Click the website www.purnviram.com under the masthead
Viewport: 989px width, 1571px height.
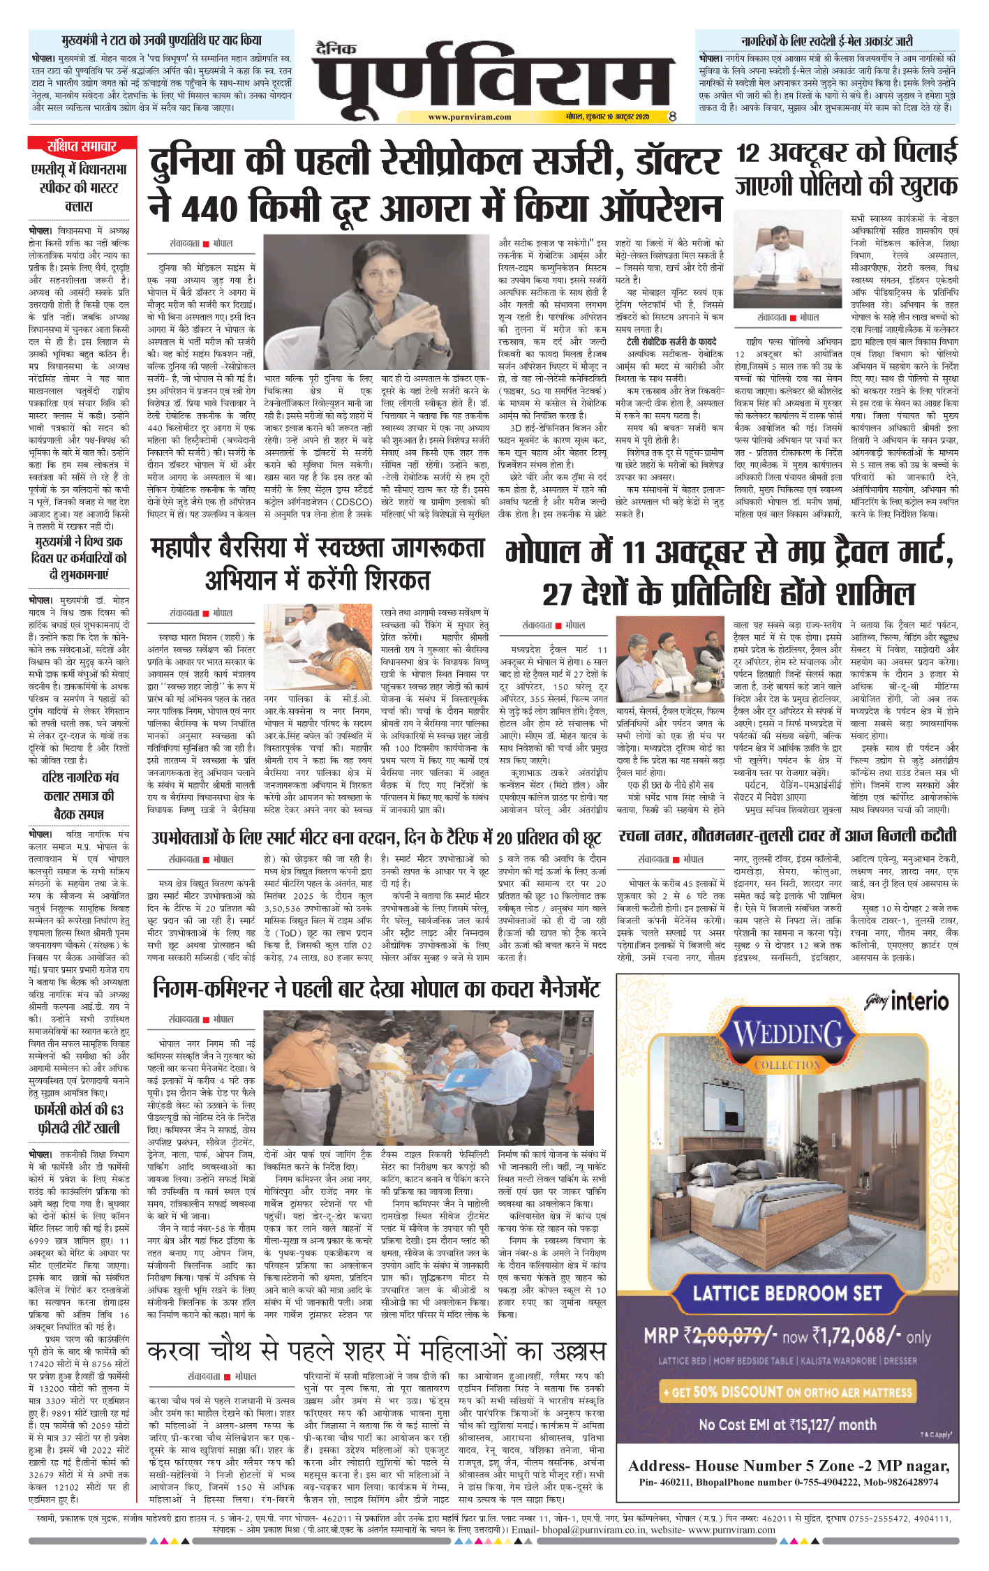click(x=469, y=117)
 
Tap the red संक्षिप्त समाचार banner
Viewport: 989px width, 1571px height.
click(x=82, y=146)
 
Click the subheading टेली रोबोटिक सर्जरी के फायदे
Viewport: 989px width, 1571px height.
click(x=671, y=341)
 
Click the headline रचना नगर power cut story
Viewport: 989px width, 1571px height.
click(x=787, y=836)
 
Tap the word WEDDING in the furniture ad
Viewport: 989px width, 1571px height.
click(x=788, y=1034)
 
